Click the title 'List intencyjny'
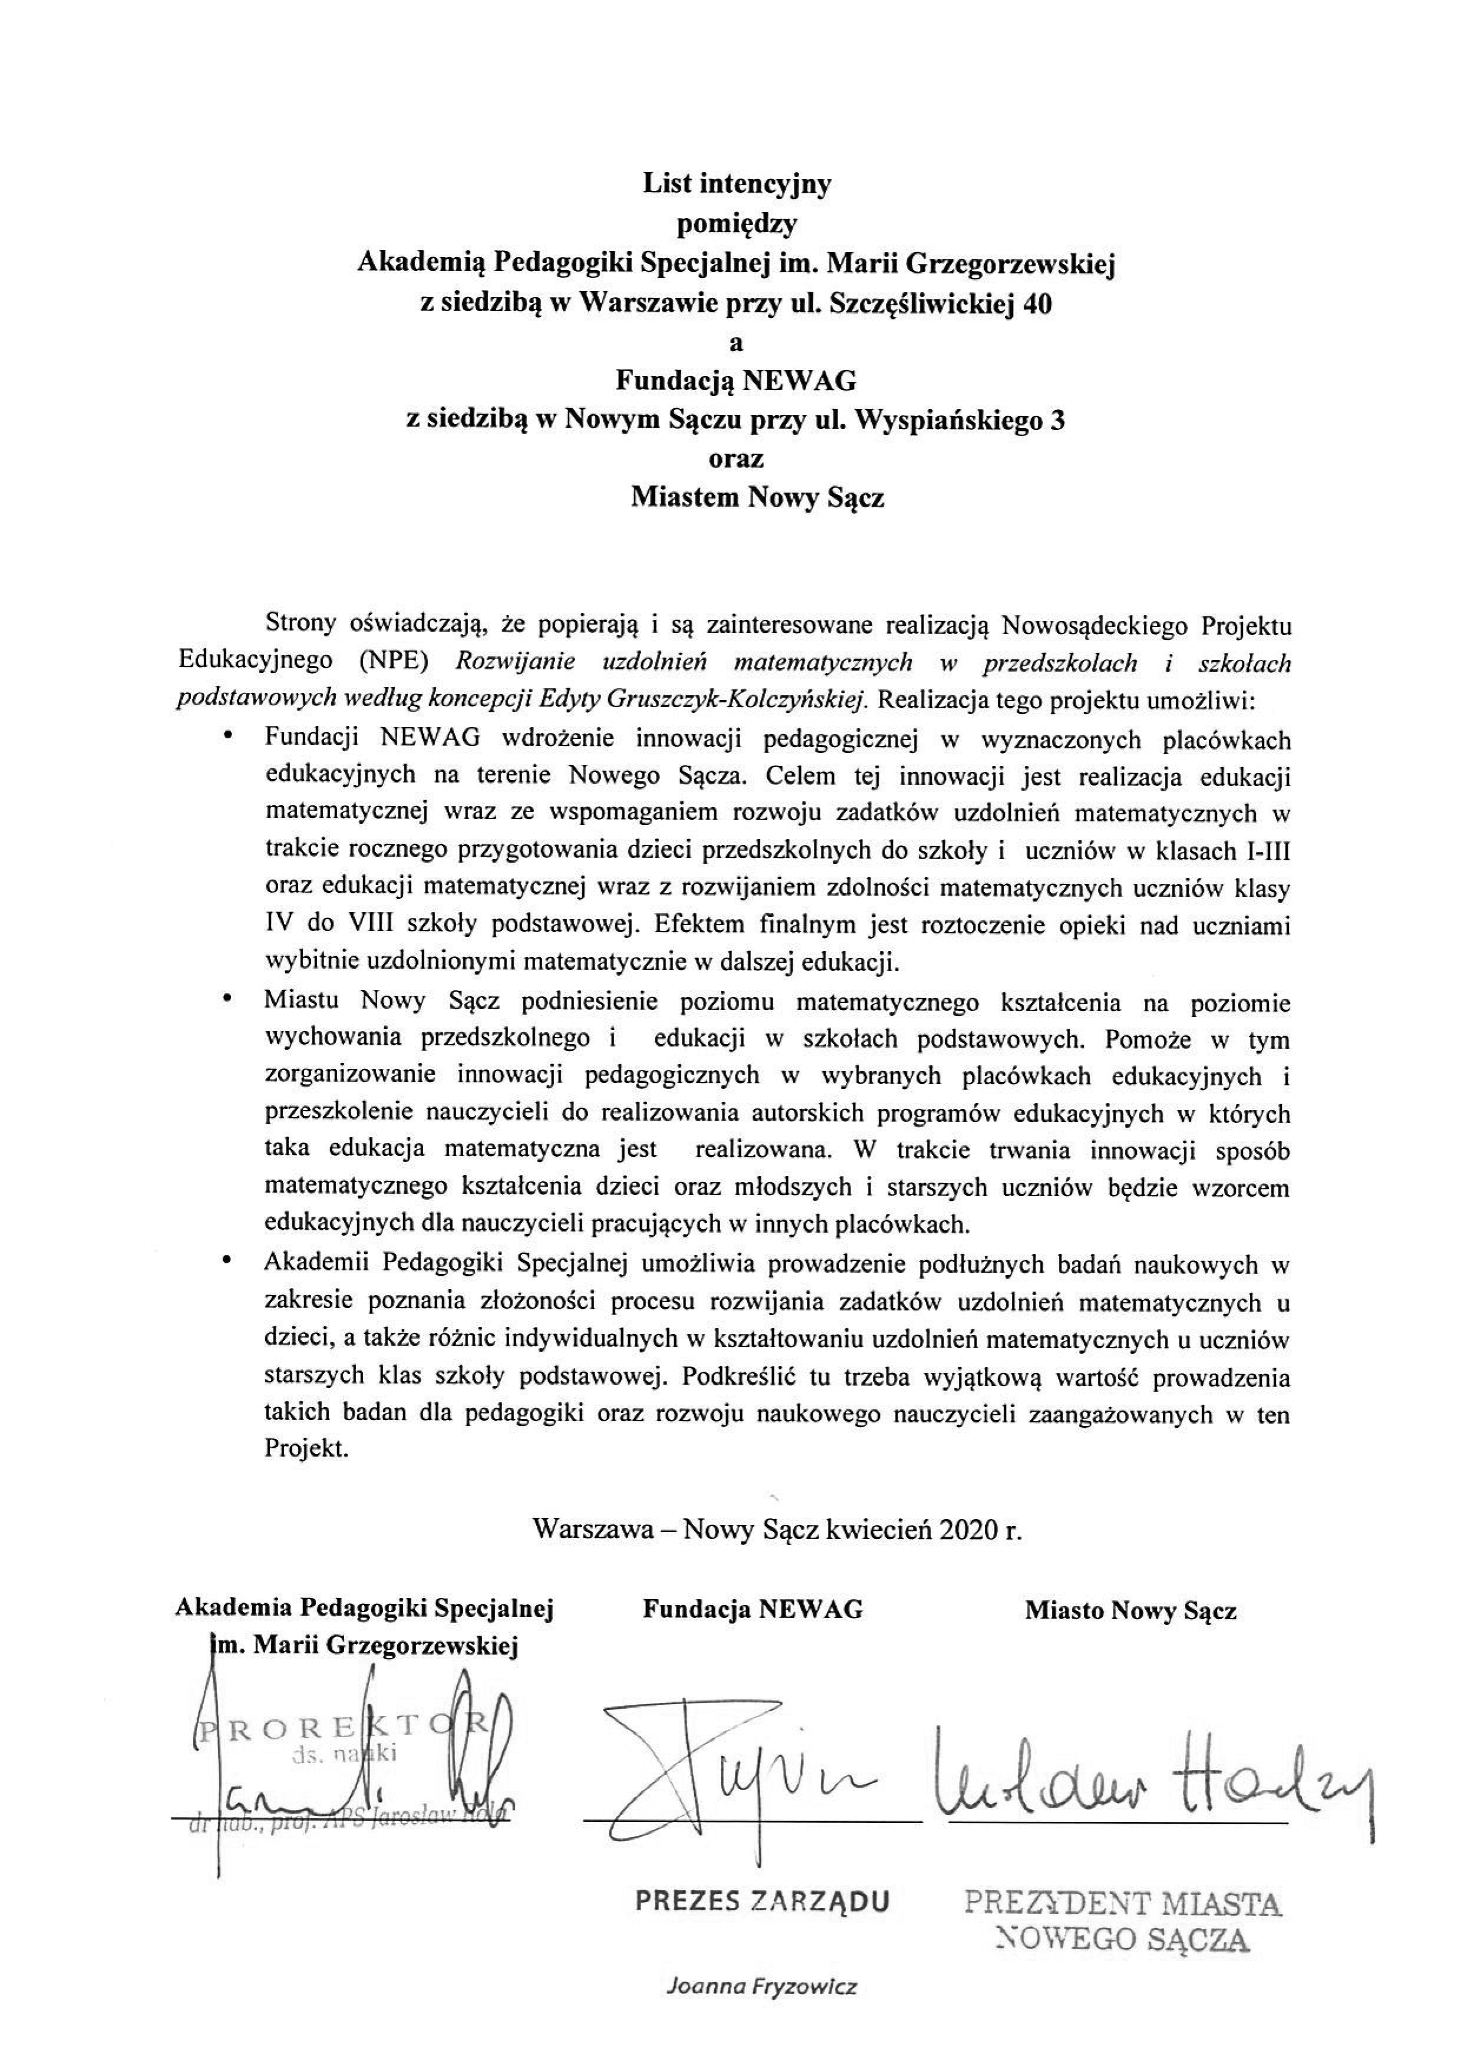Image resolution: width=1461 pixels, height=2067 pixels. pyautogui.click(x=736, y=184)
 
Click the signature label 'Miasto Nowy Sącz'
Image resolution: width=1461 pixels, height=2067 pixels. pyautogui.click(x=1130, y=1610)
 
